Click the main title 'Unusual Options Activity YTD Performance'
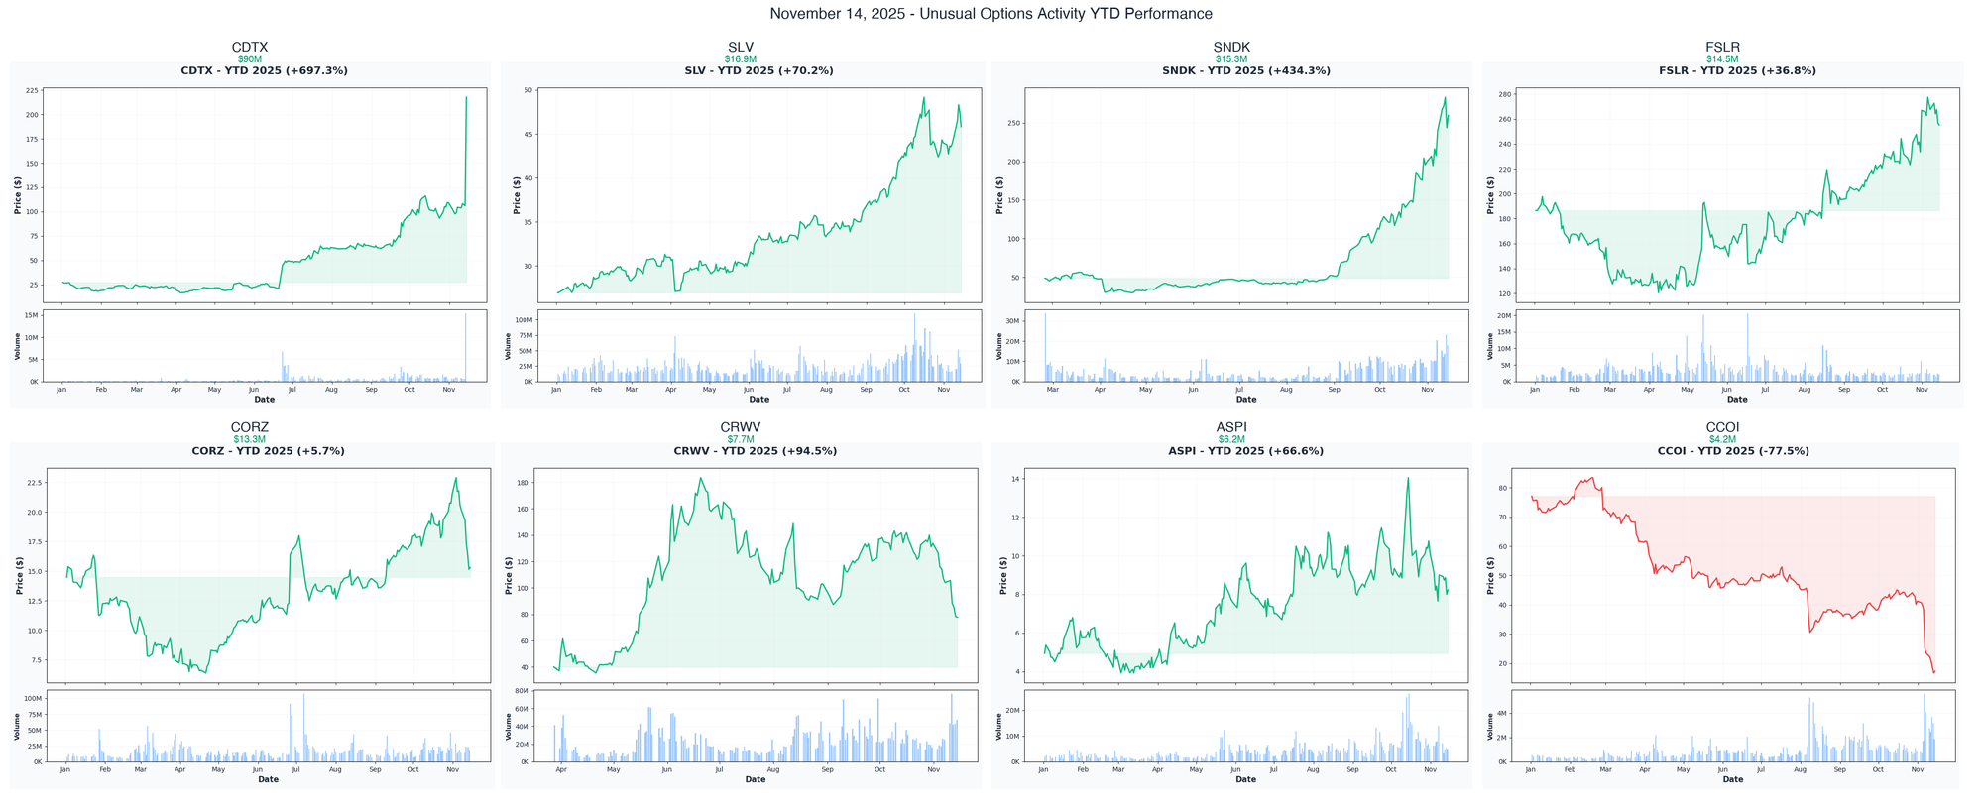pyautogui.click(x=991, y=14)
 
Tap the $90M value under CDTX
pyautogui.click(x=250, y=59)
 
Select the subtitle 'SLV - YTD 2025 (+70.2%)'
pyautogui.click(x=758, y=71)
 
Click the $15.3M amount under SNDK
pyautogui.click(x=1231, y=59)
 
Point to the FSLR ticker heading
pyautogui.click(x=1722, y=47)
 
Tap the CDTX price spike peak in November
pyautogui.click(x=466, y=97)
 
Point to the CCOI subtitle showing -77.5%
pyautogui.click(x=1733, y=451)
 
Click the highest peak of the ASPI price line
pyautogui.click(x=1407, y=478)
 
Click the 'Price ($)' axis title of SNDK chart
pyautogui.click(x=999, y=195)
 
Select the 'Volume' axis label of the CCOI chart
pyautogui.click(x=1490, y=727)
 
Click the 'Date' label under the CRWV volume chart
pyautogui.click(x=755, y=780)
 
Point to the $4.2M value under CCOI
pyautogui.click(x=1722, y=439)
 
